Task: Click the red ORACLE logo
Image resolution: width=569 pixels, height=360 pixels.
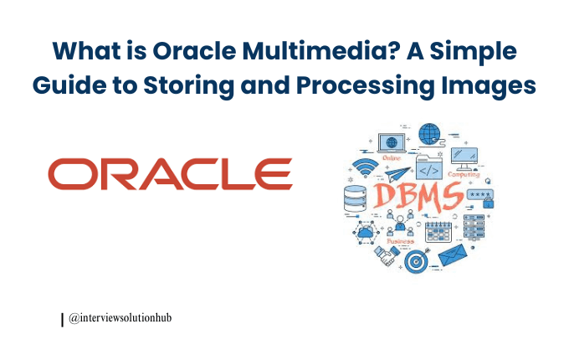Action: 170,173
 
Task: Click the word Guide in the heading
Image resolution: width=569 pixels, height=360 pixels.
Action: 75,87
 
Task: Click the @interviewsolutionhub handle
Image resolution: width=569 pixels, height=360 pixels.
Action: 120,318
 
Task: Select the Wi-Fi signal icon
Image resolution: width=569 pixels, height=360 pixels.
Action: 365,168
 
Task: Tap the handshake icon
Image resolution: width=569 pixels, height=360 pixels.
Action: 387,253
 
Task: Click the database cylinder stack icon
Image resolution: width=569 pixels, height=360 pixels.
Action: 356,198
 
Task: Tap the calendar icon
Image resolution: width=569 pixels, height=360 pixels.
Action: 438,230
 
